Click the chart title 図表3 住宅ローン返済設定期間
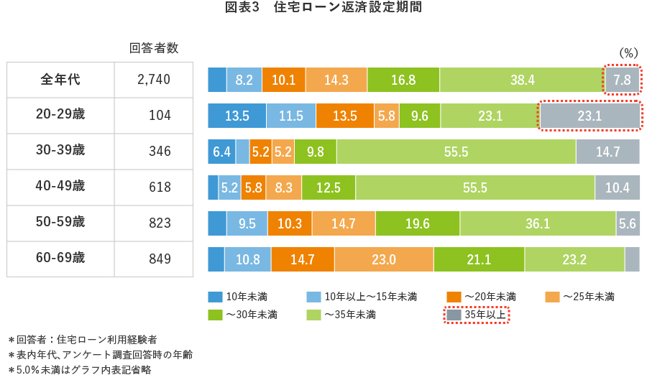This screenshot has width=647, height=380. pyautogui.click(x=323, y=8)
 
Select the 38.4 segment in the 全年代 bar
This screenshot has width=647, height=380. pyautogui.click(x=522, y=80)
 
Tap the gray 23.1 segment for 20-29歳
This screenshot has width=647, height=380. pyautogui.click(x=589, y=116)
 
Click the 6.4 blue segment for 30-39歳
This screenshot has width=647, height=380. pyautogui.click(x=221, y=152)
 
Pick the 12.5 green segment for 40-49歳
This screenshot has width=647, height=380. pyautogui.click(x=328, y=187)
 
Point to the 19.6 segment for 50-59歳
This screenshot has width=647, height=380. pyautogui.click(x=417, y=223)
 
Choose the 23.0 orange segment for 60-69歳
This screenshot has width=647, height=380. pyautogui.click(x=383, y=259)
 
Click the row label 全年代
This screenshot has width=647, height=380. pyautogui.click(x=60, y=80)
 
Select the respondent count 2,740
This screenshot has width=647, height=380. pyautogui.click(x=154, y=80)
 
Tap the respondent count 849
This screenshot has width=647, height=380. pyautogui.click(x=160, y=259)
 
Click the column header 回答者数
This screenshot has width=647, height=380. pyautogui.click(x=154, y=48)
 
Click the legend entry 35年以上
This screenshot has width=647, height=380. pyautogui.click(x=477, y=315)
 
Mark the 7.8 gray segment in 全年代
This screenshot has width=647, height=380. pyautogui.click(x=622, y=80)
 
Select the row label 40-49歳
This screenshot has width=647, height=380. pyautogui.click(x=60, y=187)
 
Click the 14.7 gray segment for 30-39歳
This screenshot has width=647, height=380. pyautogui.click(x=607, y=152)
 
